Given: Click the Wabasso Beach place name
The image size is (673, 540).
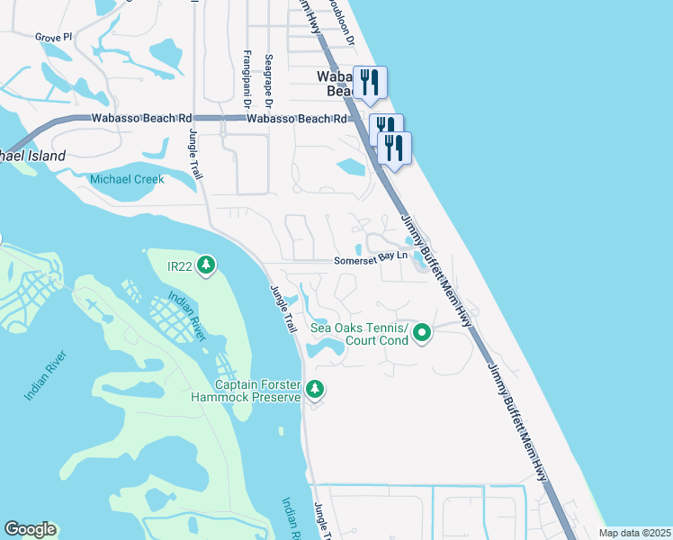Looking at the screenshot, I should [x=334, y=84].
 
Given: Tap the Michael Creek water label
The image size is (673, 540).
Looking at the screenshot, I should [x=127, y=179].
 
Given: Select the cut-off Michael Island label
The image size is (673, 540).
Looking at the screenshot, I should [x=33, y=156].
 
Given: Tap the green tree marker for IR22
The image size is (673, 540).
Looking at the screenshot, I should [x=207, y=265].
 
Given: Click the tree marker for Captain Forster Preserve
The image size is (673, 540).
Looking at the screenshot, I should [x=314, y=389].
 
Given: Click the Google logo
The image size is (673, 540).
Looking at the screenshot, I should [x=30, y=529].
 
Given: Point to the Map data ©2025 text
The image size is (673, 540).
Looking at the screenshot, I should [x=633, y=533].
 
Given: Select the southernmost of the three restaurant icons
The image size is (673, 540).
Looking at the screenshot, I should [x=395, y=148].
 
